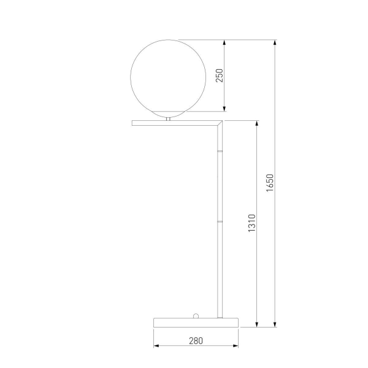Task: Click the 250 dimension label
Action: pyautogui.click(x=219, y=75)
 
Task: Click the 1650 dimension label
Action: pyautogui.click(x=270, y=183)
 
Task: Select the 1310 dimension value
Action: pyautogui.click(x=252, y=223)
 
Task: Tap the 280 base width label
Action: pyautogui.click(x=196, y=341)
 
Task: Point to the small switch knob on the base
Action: pyautogui.click(x=196, y=316)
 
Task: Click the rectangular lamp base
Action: pyautogui.click(x=196, y=323)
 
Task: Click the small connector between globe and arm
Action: pyautogui.click(x=168, y=119)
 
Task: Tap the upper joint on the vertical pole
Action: pyautogui.click(x=220, y=151)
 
